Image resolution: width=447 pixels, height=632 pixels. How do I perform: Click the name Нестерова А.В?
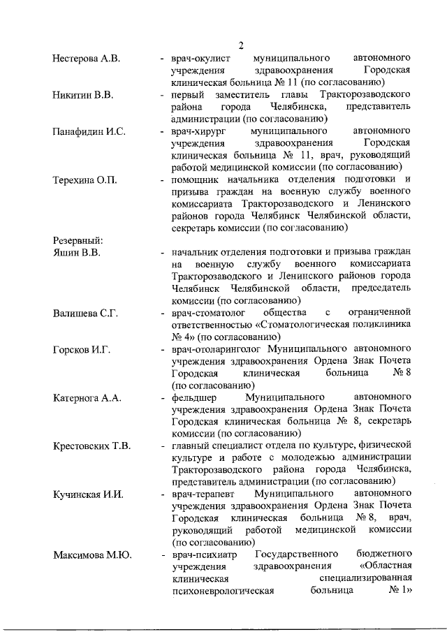click(87, 59)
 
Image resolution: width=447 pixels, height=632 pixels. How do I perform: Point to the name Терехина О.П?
click(85, 180)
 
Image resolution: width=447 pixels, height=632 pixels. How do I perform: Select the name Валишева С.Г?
click(85, 314)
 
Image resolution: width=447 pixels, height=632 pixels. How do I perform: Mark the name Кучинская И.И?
click(88, 494)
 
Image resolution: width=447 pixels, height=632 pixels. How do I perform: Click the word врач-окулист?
click(200, 59)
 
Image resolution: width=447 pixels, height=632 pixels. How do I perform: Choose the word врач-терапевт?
click(203, 494)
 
